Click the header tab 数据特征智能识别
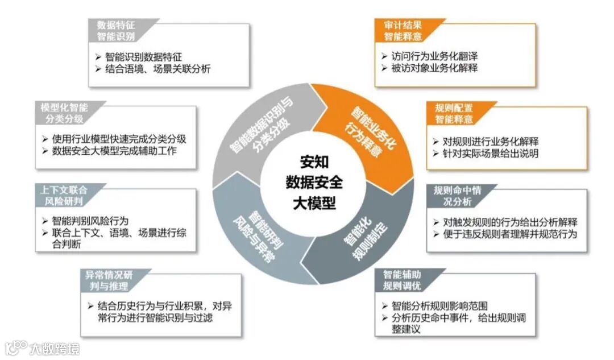117,30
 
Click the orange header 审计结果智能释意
403,30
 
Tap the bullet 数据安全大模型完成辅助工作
114,151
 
